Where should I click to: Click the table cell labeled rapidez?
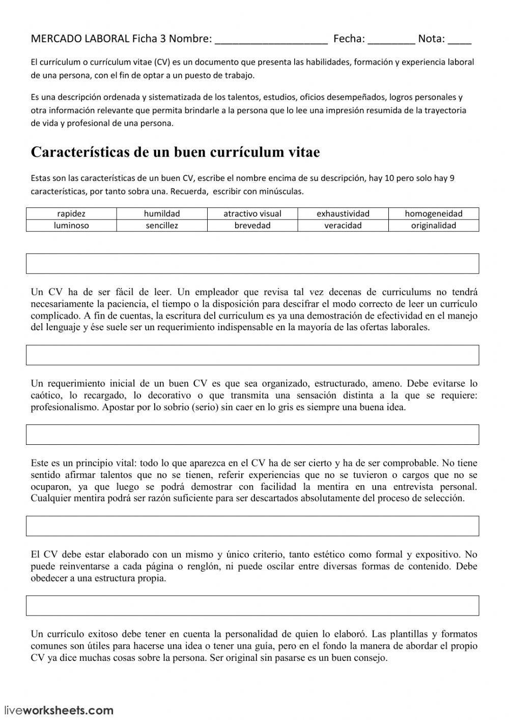pyautogui.click(x=71, y=214)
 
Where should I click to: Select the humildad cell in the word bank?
pyautogui.click(x=162, y=214)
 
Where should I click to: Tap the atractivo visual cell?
pyautogui.click(x=252, y=214)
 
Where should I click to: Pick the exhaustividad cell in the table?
pyautogui.click(x=343, y=214)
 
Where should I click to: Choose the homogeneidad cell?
pyautogui.click(x=434, y=214)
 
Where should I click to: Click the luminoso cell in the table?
pyautogui.click(x=71, y=225)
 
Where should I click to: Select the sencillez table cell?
pyautogui.click(x=162, y=225)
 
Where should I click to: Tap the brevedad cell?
pyautogui.click(x=252, y=225)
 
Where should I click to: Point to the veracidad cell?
pyautogui.click(x=343, y=225)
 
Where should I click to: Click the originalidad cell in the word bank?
pyautogui.click(x=434, y=225)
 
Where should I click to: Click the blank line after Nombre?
pyautogui.click(x=271, y=40)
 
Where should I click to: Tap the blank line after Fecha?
pyautogui.click(x=391, y=40)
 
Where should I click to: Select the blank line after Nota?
pyautogui.click(x=460, y=40)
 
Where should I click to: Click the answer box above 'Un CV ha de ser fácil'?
pyautogui.click(x=252, y=263)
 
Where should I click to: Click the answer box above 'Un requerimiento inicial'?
pyautogui.click(x=252, y=355)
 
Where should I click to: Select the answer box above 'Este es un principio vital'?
pyautogui.click(x=252, y=435)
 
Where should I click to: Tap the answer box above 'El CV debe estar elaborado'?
pyautogui.click(x=252, y=526)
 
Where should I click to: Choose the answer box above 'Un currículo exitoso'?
pyautogui.click(x=252, y=605)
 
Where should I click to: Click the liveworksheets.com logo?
pyautogui.click(x=59, y=710)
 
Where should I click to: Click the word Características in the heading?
pyautogui.click(x=80, y=152)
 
